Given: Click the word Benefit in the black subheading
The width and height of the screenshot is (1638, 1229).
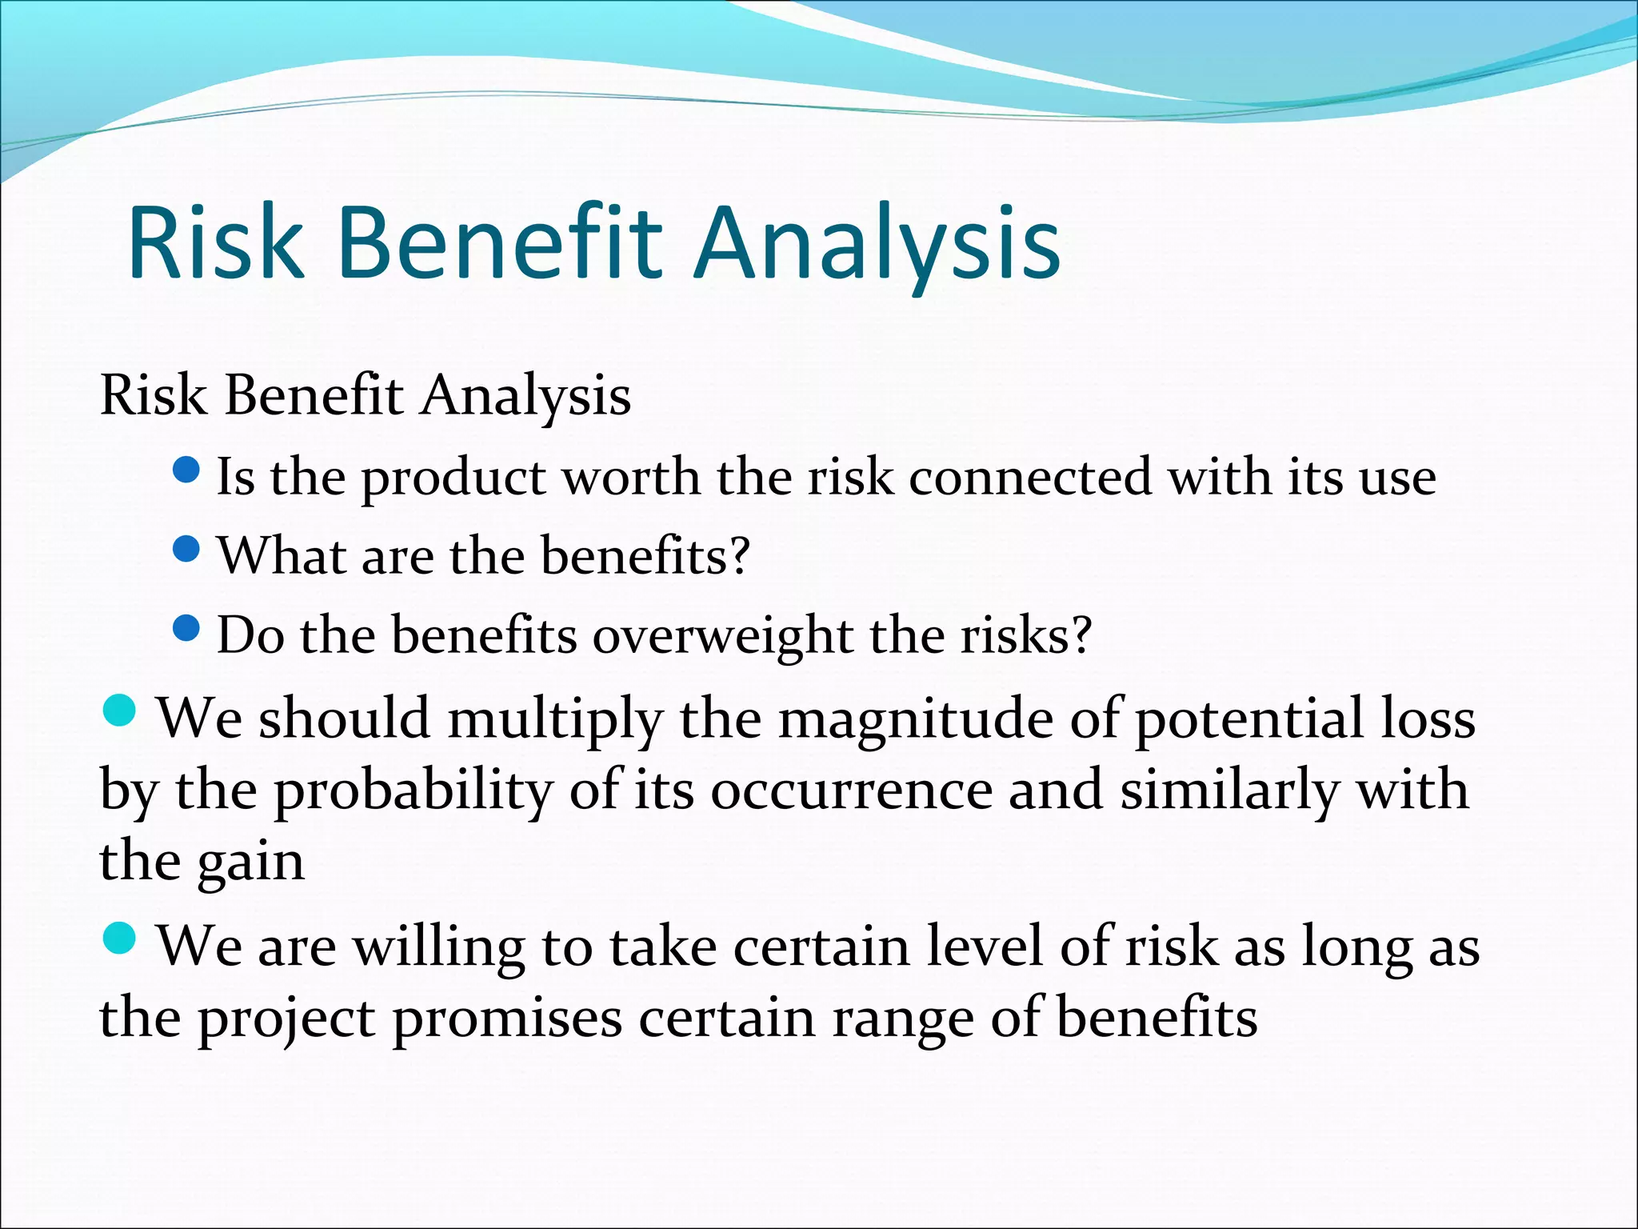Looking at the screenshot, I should click(x=313, y=395).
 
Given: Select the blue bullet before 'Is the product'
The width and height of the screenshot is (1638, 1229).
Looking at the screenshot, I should click(x=186, y=470).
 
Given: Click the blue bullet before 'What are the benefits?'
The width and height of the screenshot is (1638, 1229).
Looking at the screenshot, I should click(x=186, y=549).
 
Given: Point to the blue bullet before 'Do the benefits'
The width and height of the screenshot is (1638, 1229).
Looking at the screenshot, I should click(x=186, y=628).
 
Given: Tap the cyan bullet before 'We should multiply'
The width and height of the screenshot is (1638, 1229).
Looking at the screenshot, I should click(x=120, y=710).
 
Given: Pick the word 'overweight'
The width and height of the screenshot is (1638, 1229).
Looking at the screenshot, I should click(x=722, y=637).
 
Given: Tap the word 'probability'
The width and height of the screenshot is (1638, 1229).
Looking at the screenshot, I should click(x=413, y=791).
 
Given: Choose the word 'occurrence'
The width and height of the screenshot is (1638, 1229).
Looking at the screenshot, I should click(x=851, y=791).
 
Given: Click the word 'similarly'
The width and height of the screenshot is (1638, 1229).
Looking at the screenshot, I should click(x=1228, y=791).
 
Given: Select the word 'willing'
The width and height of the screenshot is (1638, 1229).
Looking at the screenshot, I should click(x=439, y=947).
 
